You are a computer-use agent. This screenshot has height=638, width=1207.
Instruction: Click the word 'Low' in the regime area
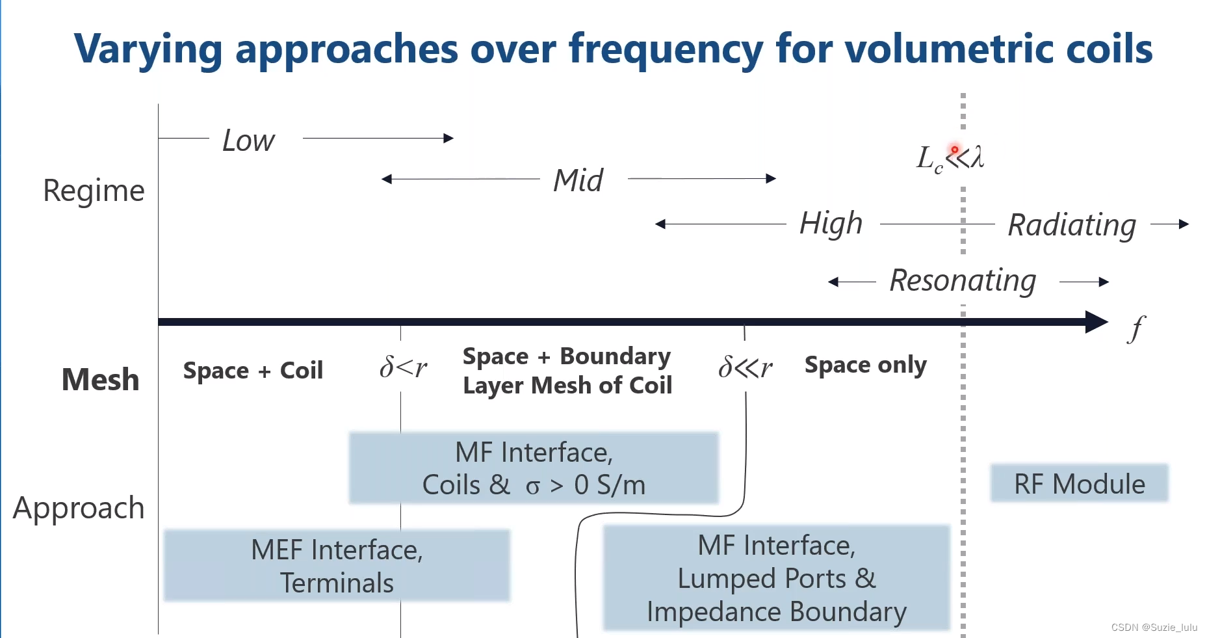point(248,140)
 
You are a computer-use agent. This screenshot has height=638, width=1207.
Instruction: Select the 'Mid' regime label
point(578,180)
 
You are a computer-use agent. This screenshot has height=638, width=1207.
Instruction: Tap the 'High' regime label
point(831,224)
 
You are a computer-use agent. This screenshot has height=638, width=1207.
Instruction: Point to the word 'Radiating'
point(1072,225)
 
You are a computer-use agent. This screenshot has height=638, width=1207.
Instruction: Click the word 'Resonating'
point(963,281)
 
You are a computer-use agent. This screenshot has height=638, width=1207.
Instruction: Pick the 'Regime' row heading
point(94,191)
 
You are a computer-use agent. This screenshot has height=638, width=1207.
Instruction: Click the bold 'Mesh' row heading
point(100,379)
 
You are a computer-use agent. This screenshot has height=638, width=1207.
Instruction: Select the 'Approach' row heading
point(79,508)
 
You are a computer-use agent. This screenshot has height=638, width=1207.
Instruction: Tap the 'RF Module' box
point(1079,483)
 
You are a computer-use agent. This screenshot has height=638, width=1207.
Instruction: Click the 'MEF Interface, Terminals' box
point(337,566)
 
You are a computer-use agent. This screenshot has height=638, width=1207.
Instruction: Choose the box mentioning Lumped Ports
point(777,578)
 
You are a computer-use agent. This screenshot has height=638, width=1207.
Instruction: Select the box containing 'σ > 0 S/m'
point(534,468)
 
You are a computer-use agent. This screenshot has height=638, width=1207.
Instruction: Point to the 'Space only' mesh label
point(865,366)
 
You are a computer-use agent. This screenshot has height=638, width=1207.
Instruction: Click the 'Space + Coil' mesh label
point(253,371)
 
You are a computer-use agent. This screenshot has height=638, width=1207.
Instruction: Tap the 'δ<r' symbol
point(403,367)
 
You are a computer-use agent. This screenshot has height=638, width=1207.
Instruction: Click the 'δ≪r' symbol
point(745,367)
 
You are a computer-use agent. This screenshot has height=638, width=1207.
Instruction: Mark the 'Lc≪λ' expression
point(950,158)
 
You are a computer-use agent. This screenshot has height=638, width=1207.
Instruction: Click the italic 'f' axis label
point(1136,328)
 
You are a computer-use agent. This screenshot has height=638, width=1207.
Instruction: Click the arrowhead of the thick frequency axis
point(1097,322)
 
